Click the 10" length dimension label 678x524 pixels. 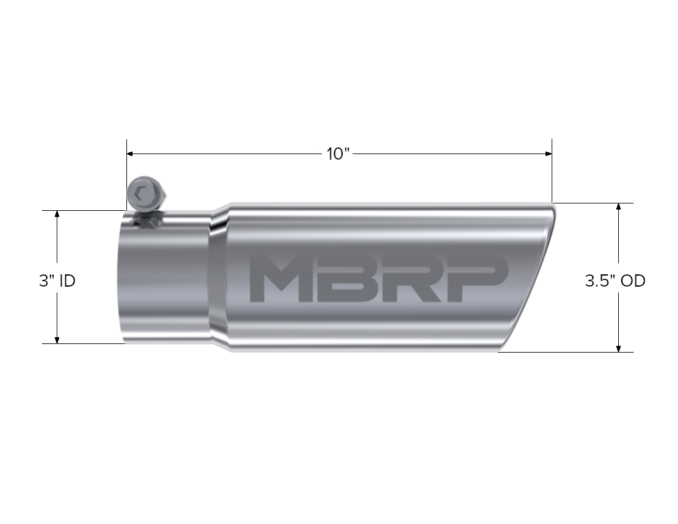pyautogui.click(x=338, y=154)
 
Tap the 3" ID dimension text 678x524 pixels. pyautogui.click(x=57, y=281)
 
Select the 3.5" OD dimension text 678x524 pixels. pyautogui.click(x=615, y=281)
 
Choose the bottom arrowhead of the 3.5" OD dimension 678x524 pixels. pyautogui.click(x=619, y=348)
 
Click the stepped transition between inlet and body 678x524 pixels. pyautogui.click(x=219, y=277)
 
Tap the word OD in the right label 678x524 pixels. pyautogui.click(x=633, y=281)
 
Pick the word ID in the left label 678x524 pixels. pyautogui.click(x=68, y=281)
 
